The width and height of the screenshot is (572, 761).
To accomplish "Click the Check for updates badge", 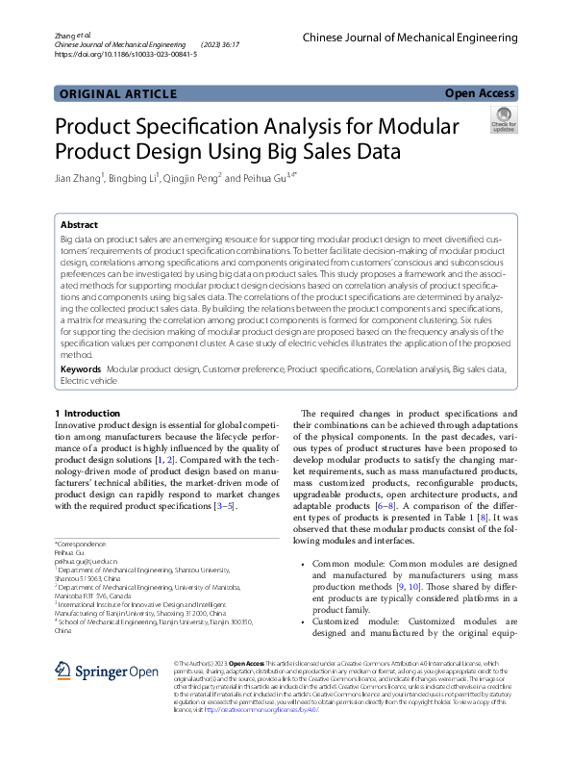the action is pos(503,120).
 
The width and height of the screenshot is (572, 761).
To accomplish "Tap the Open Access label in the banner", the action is pos(480,93).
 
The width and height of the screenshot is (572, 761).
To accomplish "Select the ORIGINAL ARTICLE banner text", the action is pos(117,94).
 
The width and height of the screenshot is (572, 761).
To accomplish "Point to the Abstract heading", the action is pos(79,224).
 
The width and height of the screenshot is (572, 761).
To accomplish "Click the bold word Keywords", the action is pos(81,369).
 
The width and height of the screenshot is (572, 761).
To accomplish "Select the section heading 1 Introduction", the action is pos(88,413).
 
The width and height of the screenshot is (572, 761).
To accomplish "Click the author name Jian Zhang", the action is pos(77,177).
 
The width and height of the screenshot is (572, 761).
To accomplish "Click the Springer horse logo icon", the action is pos(63,671).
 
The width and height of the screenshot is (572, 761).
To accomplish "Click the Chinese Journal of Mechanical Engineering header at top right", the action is pos(410,38).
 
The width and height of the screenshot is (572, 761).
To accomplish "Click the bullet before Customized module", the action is pos(304,621).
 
